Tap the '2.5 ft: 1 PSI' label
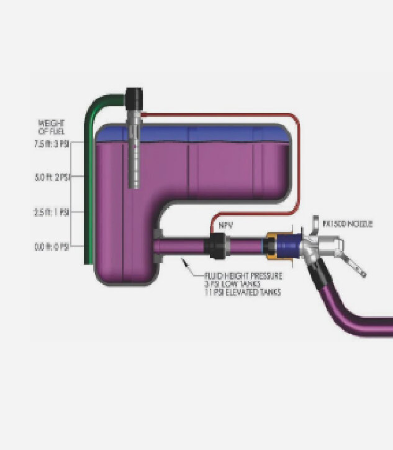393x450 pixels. click(52, 213)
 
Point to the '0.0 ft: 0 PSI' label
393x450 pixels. click(52, 247)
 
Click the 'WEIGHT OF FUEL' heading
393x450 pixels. click(51, 126)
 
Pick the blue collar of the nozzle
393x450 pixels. click(286, 244)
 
